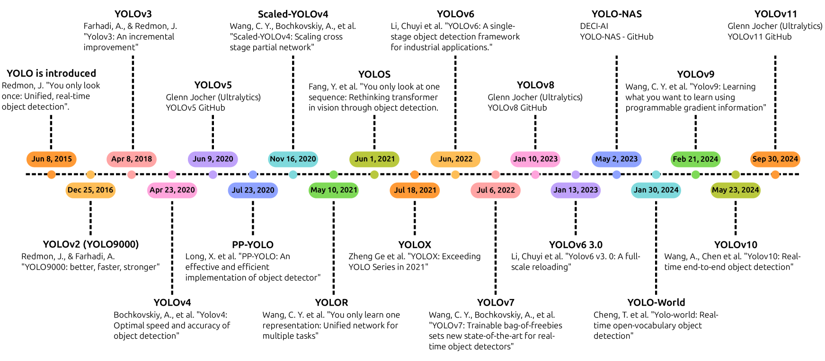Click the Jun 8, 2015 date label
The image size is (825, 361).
pos(52,159)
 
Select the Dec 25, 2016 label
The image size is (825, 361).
pos(90,190)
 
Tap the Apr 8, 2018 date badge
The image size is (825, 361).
pos(132,159)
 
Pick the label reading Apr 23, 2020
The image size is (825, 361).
pos(172,190)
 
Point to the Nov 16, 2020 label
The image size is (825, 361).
pos(293,159)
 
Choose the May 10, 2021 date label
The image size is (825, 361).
pos(334,190)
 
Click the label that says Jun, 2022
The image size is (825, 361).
pos(455,159)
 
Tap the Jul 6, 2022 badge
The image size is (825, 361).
pos(496,190)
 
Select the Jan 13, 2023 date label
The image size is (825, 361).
pos(576,190)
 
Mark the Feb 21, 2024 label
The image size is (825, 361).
pos(696,159)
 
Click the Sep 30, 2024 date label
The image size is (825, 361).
pos(775,159)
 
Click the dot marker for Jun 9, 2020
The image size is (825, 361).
pos(213,175)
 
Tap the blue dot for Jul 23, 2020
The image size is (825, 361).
pos(253,175)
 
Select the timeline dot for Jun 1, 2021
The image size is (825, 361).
pos(374,175)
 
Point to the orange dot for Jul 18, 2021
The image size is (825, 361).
pos(415,175)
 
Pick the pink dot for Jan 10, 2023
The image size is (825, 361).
pos(535,175)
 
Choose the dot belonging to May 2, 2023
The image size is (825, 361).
pos(616,175)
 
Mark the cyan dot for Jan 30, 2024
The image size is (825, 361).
pos(656,175)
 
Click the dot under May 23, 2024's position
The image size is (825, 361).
pos(736,175)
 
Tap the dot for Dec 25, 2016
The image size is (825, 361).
pos(90,175)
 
